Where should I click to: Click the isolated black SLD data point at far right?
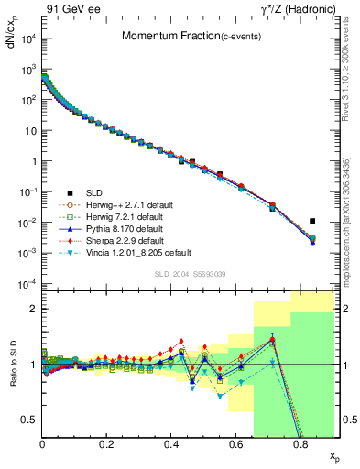click(312, 221)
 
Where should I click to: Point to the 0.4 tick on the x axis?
click(171, 444)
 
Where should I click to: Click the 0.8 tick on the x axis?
click(300, 444)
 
